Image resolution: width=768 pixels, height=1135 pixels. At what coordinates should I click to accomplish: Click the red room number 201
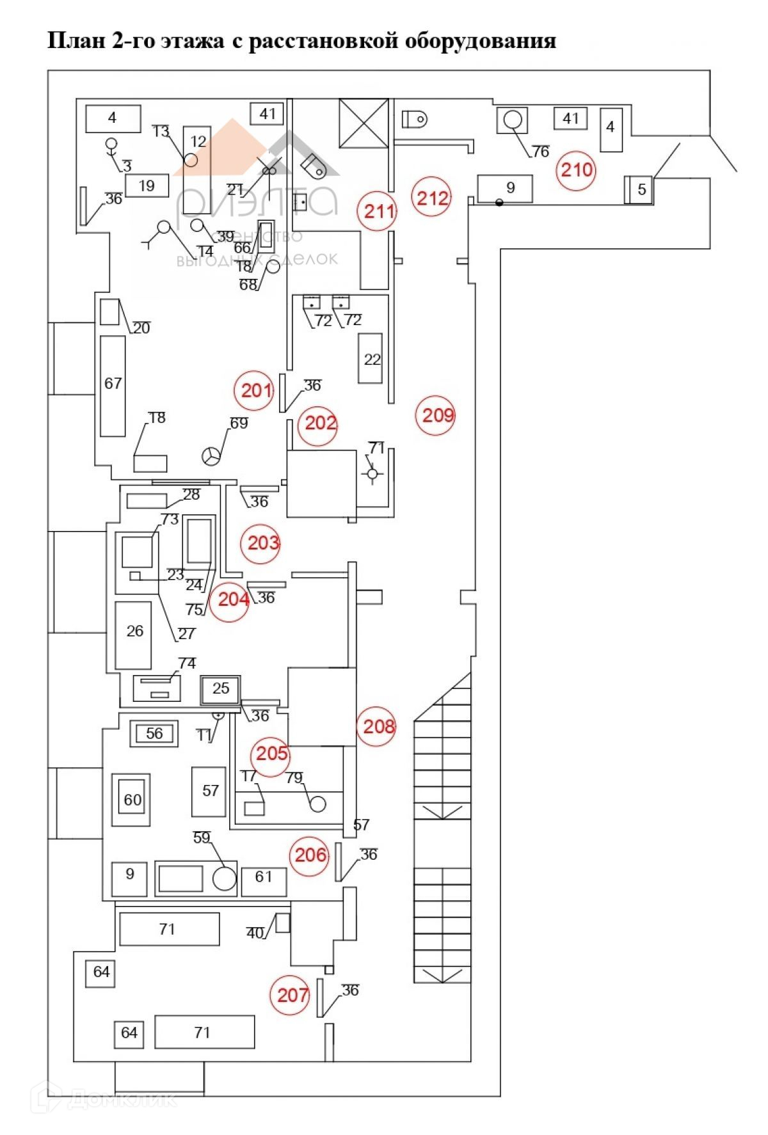click(256, 389)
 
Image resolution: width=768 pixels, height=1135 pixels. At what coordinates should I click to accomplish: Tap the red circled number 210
click(577, 170)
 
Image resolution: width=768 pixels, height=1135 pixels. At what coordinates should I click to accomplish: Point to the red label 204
click(232, 599)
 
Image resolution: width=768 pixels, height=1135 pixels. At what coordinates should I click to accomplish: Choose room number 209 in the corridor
click(438, 415)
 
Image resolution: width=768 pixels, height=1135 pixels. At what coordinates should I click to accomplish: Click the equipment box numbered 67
click(113, 384)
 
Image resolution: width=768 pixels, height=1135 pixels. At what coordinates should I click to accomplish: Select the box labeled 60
click(132, 800)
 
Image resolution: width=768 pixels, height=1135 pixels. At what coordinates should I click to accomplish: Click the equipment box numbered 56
click(154, 733)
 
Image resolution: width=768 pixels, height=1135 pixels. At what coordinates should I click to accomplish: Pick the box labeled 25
click(220, 688)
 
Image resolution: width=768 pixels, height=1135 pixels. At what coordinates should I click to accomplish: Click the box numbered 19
click(147, 186)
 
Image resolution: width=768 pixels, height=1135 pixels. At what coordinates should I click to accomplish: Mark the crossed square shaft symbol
click(364, 122)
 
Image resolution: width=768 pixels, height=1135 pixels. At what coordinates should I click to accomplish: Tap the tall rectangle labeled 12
click(198, 170)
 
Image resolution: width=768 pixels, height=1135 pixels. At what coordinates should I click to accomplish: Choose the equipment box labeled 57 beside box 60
click(209, 791)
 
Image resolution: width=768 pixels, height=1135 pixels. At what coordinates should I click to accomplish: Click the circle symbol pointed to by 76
click(513, 120)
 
